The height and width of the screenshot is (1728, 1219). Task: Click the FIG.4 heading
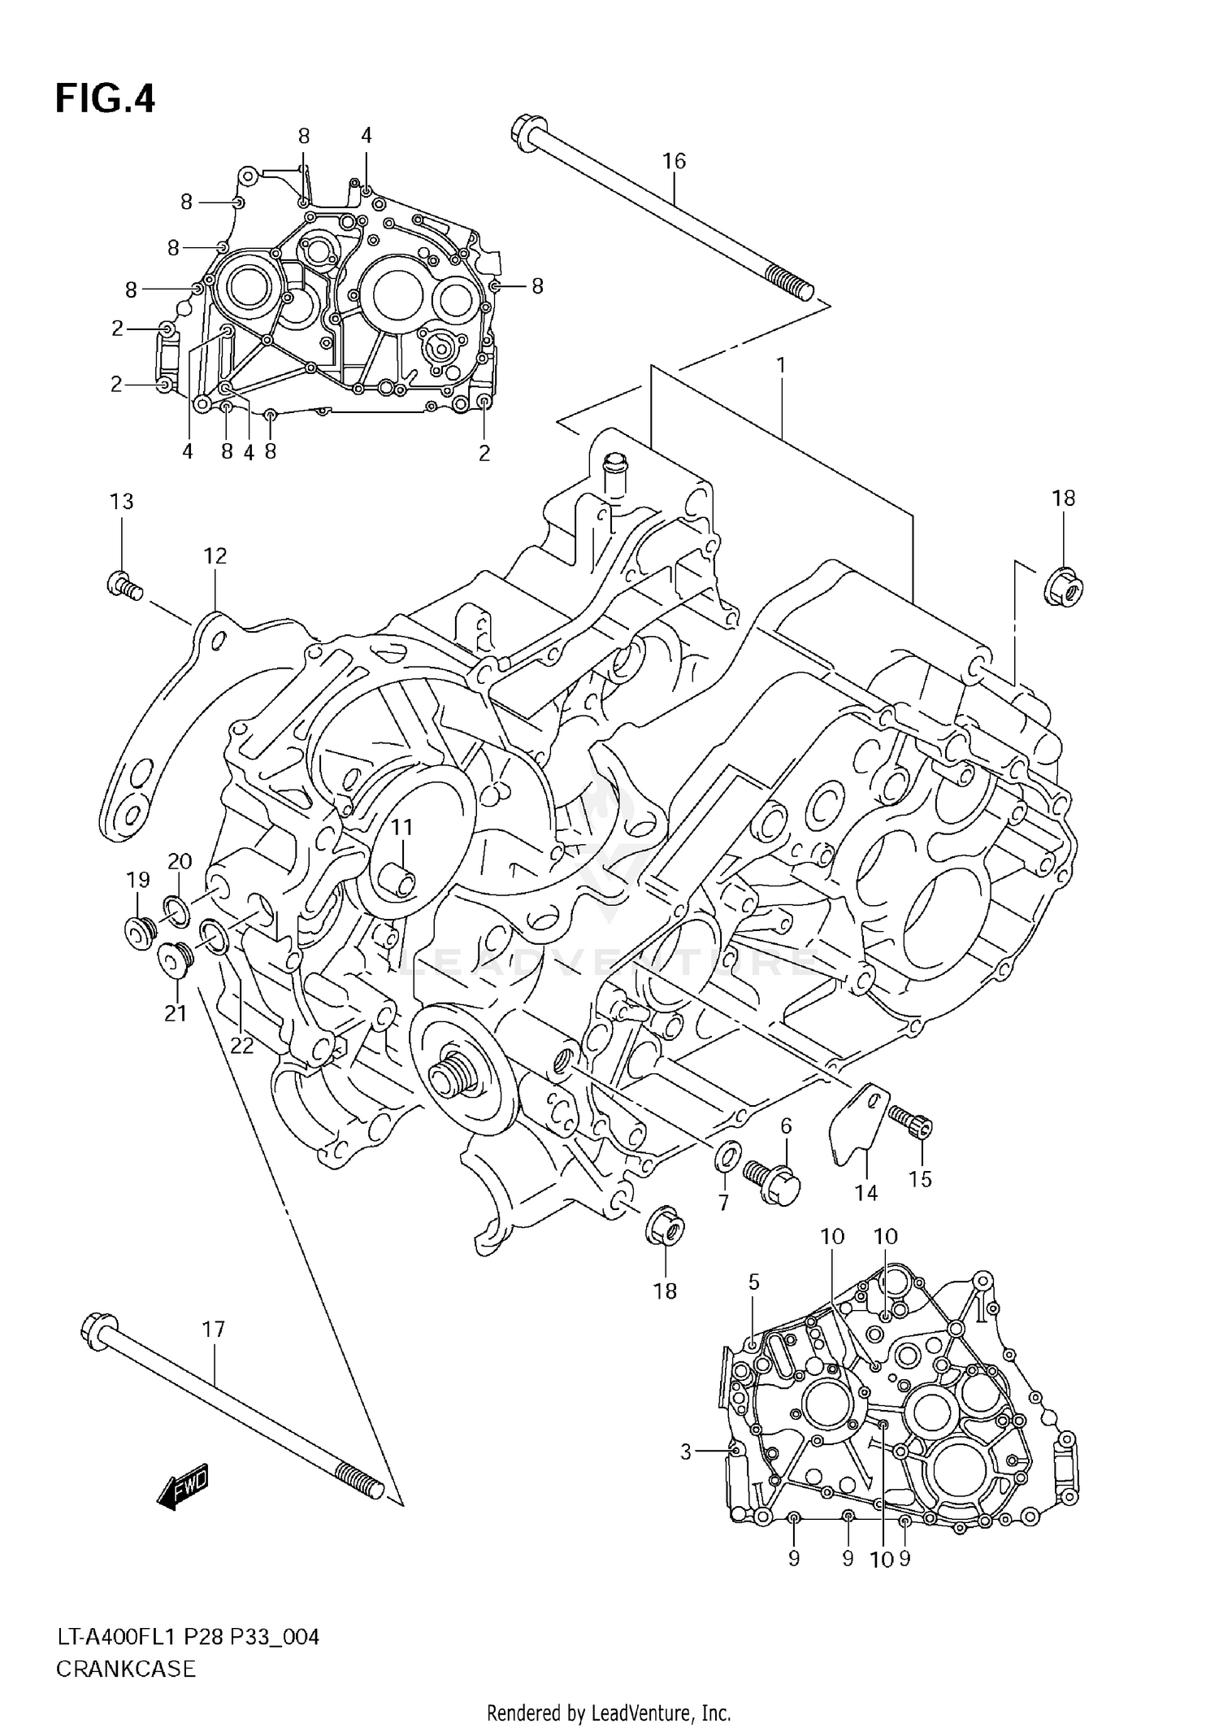[x=105, y=99]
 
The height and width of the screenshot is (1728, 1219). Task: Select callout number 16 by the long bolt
[x=674, y=161]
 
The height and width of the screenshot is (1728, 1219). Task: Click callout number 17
[x=213, y=1330]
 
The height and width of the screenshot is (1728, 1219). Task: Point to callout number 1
[x=781, y=366]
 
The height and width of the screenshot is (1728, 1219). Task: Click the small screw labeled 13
[x=124, y=585]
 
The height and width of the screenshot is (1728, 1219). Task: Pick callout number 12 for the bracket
[x=215, y=556]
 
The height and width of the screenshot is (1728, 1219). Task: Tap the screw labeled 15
[x=912, y=1121]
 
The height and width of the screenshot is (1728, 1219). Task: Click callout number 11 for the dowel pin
[x=401, y=827]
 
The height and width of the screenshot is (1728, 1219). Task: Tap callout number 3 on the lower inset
[x=685, y=1448]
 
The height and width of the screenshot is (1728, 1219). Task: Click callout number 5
[x=753, y=1282]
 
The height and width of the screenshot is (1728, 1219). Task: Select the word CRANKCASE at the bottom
[x=126, y=1669]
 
